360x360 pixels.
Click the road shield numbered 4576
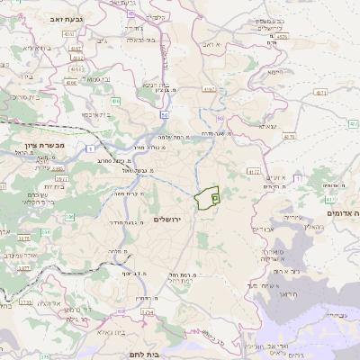click(x=283, y=37)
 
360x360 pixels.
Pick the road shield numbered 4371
click(x=321, y=93)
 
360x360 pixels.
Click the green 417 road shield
click(x=329, y=200)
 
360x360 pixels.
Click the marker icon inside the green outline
click(x=214, y=197)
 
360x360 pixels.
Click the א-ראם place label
click(x=212, y=44)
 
